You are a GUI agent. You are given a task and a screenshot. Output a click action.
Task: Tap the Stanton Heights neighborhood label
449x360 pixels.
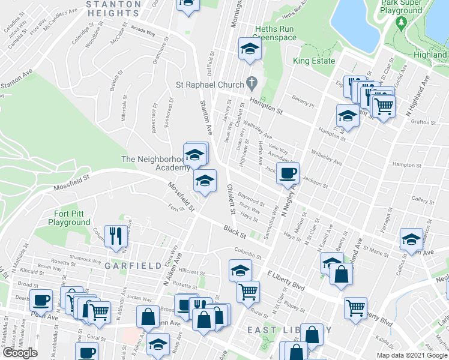pyautogui.click(x=113, y=8)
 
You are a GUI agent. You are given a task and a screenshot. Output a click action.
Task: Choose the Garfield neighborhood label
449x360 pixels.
pyautogui.click(x=133, y=265)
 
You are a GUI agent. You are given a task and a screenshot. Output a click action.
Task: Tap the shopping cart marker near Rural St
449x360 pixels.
pyautogui.click(x=247, y=292)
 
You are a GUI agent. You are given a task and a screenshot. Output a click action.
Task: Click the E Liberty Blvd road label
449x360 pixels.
pyautogui.click(x=287, y=278)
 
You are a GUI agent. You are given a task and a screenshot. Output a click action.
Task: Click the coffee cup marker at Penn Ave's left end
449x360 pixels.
pyautogui.click(x=41, y=299)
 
